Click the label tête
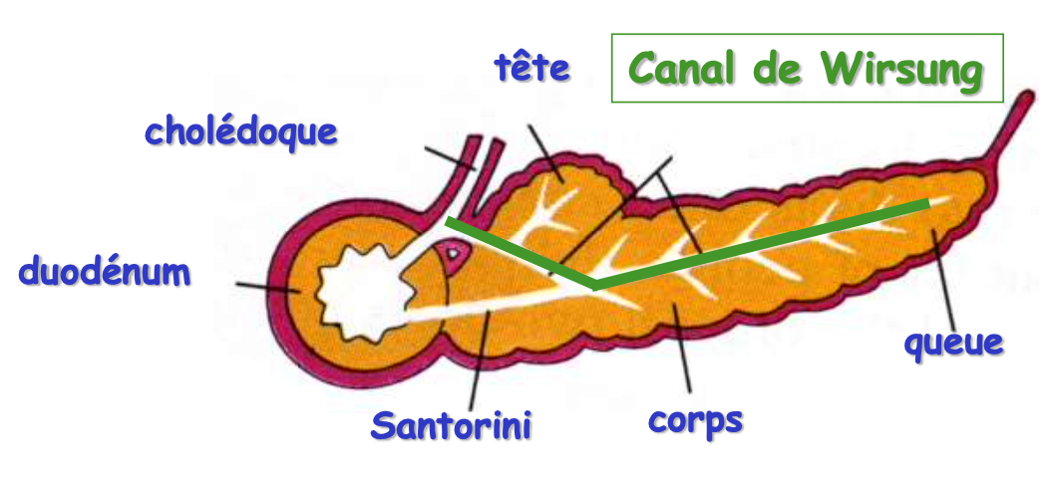tap(532, 69)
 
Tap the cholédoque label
tap(241, 131)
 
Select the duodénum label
tap(105, 270)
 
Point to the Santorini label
tap(451, 425)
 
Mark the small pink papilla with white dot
tap(453, 255)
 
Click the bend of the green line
tap(595, 286)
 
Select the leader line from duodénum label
tap(264, 286)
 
